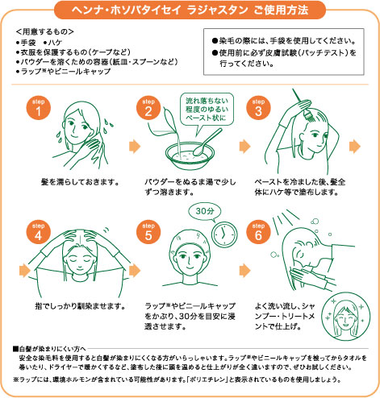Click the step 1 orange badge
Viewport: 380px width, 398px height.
coord(38,110)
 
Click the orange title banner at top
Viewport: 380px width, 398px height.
coord(190,10)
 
